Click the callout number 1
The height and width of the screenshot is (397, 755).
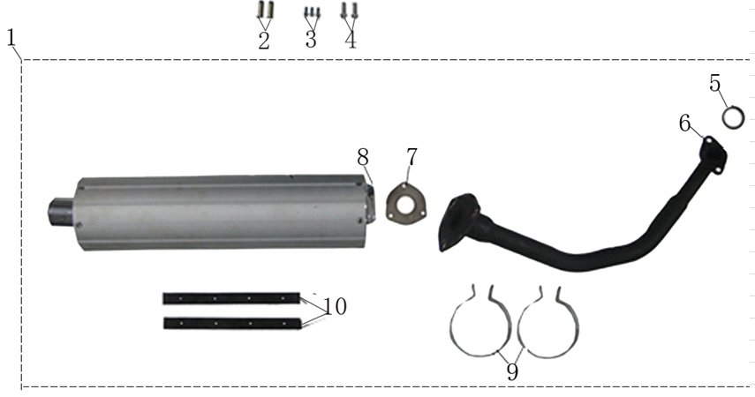coord(11,38)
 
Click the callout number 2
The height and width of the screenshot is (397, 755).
coord(263,41)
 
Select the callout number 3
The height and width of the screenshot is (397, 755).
coord(311,40)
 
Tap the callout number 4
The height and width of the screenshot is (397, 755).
coord(351,40)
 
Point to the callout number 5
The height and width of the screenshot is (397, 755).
coord(715,84)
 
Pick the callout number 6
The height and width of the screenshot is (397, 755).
coord(685,124)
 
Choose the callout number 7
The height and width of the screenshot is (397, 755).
coord(411,158)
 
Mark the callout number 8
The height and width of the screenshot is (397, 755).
coord(362,157)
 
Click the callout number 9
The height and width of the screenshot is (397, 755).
coord(512,371)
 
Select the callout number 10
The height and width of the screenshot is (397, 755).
coord(335,306)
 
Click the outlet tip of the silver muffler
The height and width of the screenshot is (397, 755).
coord(60,213)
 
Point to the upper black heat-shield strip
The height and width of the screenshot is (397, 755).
coord(231,298)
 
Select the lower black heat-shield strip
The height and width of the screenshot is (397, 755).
coord(231,323)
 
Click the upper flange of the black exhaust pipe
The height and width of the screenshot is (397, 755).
coord(712,153)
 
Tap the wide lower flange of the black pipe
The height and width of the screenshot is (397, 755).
coord(458,221)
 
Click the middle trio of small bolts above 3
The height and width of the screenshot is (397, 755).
coord(311,12)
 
